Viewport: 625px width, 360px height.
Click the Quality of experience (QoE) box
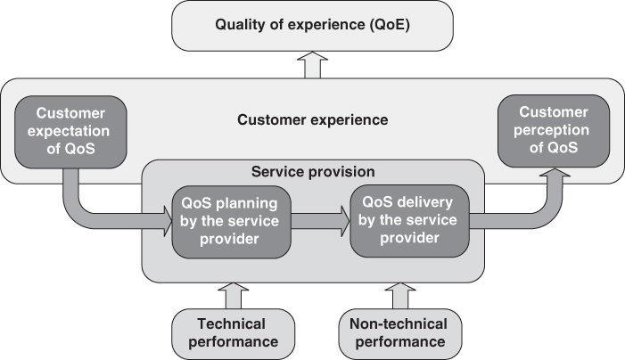pyautogui.click(x=311, y=24)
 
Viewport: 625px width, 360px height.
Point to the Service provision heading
pyautogui.click(x=311, y=170)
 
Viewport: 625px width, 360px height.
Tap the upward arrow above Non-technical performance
pyautogui.click(x=398, y=293)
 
